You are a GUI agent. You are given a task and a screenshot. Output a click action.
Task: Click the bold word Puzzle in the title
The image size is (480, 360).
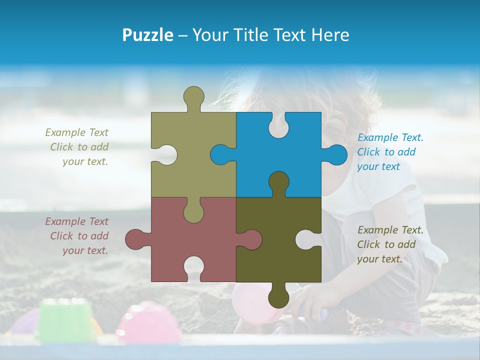pyautogui.click(x=147, y=35)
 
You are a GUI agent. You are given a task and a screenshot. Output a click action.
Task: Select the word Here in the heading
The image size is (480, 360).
pyautogui.click(x=330, y=35)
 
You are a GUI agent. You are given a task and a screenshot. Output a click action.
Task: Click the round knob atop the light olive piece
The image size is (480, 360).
pyautogui.click(x=194, y=96)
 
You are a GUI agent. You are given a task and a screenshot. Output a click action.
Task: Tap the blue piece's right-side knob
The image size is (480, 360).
pyautogui.click(x=337, y=155)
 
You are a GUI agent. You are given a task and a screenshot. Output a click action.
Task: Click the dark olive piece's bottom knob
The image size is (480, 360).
pyautogui.click(x=278, y=297)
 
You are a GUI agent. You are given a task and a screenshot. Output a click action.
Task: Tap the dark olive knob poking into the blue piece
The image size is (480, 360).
pyautogui.click(x=278, y=182)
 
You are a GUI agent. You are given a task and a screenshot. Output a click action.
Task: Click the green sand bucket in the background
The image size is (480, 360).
pyautogui.click(x=65, y=320)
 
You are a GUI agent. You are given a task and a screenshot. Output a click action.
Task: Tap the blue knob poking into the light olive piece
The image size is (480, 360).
pyautogui.click(x=220, y=155)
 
